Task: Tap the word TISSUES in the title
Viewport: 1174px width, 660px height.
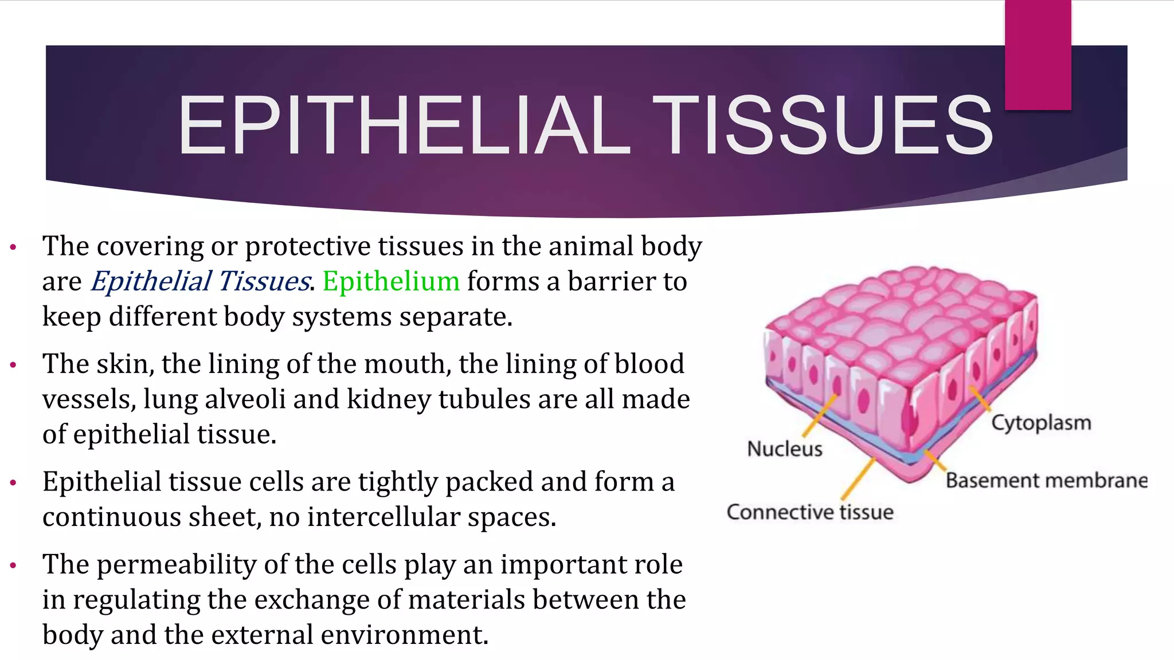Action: pos(822,125)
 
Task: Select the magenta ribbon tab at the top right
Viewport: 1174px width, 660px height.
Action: pos(1038,55)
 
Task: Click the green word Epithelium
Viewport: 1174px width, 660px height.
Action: pos(391,281)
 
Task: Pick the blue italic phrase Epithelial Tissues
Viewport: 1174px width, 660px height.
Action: pos(200,281)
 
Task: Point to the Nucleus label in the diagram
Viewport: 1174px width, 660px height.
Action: pos(784,449)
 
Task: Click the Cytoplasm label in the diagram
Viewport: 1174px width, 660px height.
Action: pos(1041,423)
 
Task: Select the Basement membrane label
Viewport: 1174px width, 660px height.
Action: pos(1046,480)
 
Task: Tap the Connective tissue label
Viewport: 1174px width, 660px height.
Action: pos(809,512)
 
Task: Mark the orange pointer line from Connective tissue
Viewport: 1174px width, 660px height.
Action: pos(858,478)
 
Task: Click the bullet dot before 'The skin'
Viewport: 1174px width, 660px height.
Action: pos(13,365)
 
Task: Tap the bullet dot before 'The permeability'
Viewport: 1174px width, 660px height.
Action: pos(13,565)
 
